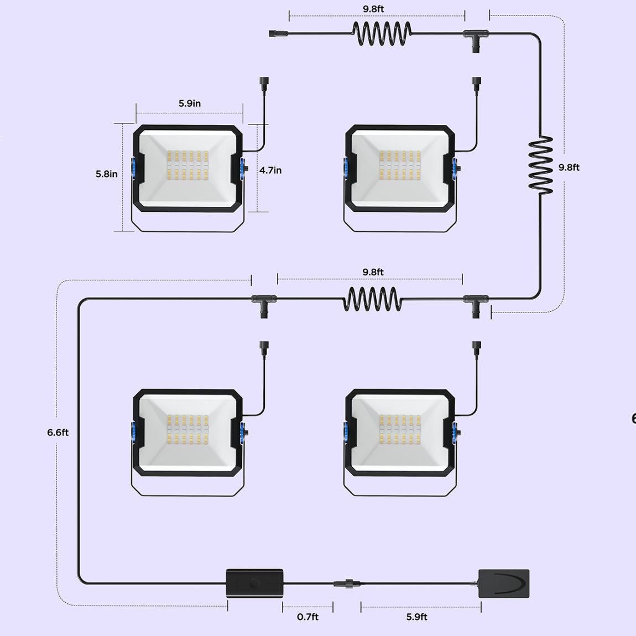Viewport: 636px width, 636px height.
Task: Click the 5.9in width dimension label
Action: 189,103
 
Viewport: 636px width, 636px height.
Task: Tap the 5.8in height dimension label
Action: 106,174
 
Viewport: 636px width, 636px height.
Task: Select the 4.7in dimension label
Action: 270,170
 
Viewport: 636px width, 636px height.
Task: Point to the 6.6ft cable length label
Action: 58,432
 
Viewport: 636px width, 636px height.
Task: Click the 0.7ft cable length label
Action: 307,617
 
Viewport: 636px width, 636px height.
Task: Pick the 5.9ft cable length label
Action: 416,617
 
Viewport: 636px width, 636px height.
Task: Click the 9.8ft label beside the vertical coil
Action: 569,167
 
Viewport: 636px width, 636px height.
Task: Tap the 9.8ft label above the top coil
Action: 373,9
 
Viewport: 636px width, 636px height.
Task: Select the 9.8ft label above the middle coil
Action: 373,272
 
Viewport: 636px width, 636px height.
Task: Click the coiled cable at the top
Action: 382,33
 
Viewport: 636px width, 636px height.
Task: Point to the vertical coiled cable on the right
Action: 540,165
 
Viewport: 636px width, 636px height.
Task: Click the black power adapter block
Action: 503,583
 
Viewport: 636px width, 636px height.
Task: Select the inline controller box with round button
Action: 255,583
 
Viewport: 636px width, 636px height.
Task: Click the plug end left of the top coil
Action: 275,34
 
